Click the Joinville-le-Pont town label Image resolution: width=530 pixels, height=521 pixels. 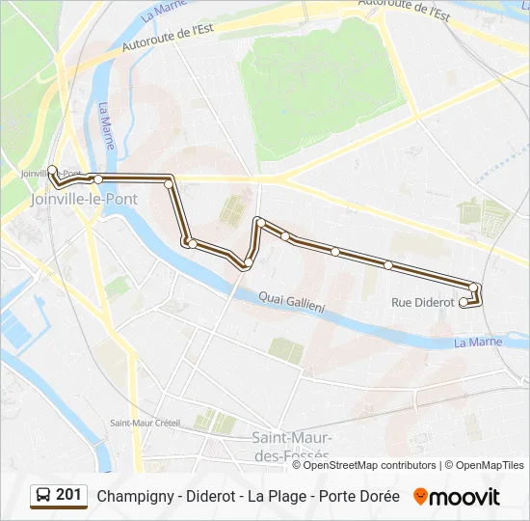click(84, 199)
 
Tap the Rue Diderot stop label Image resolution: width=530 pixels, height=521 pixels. click(423, 303)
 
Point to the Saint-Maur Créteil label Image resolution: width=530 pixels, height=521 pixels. click(145, 423)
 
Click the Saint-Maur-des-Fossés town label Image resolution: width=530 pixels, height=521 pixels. click(290, 445)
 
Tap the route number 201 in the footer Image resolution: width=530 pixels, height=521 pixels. click(68, 495)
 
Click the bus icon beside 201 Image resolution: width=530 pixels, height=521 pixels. click(43, 496)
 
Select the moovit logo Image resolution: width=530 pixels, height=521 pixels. click(457, 497)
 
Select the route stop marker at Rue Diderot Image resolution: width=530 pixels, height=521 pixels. click(464, 302)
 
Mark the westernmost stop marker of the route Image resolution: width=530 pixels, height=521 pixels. click(52, 170)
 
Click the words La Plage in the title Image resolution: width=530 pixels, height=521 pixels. click(278, 497)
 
